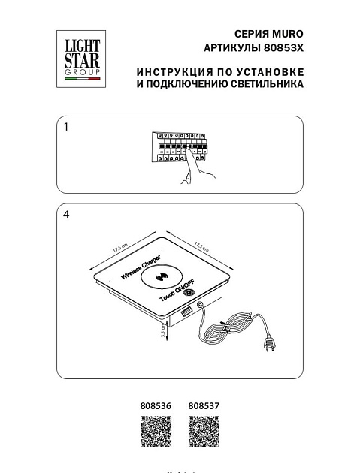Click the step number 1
(x=66, y=128)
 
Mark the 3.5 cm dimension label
(x=163, y=333)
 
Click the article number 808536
(x=156, y=405)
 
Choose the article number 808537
(x=203, y=405)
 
